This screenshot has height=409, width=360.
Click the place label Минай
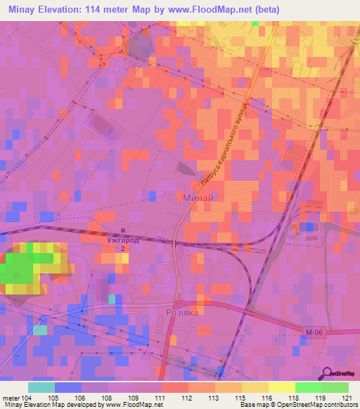(x=192, y=198)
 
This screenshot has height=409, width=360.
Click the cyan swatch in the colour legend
(x=41, y=387)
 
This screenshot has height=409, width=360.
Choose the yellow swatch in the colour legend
(x=281, y=387)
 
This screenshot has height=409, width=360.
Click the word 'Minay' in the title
(x=25, y=9)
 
